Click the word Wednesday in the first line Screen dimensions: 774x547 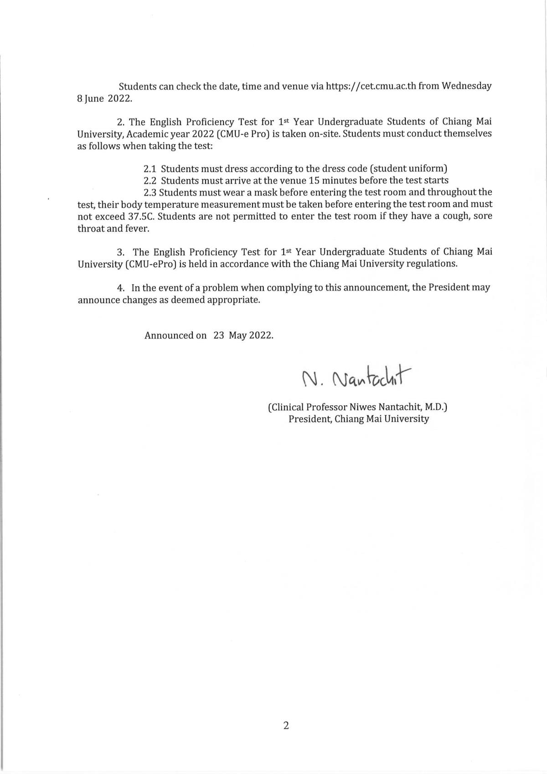click(x=467, y=86)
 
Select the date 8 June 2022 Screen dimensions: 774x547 click(x=104, y=98)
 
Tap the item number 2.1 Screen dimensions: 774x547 click(x=150, y=168)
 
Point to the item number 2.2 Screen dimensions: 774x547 click(x=150, y=180)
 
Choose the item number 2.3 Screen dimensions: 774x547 click(x=150, y=192)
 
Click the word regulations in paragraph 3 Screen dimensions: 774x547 click(x=430, y=264)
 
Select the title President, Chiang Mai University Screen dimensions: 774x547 click(x=358, y=419)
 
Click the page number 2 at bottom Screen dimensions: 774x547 click(x=286, y=726)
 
